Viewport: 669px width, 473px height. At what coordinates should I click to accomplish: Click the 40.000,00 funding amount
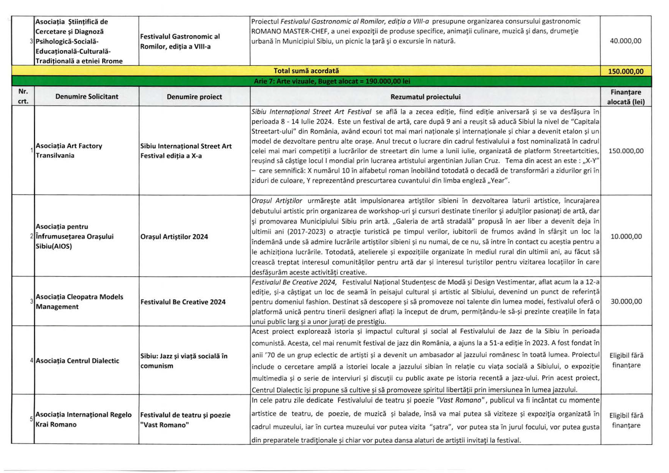[626, 41]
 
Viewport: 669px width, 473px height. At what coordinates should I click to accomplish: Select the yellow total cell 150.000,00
[626, 71]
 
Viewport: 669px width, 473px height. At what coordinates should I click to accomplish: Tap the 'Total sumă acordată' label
[306, 71]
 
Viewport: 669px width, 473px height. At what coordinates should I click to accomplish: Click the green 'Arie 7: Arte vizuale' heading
[331, 81]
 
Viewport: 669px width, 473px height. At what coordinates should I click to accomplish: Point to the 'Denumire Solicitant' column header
[87, 97]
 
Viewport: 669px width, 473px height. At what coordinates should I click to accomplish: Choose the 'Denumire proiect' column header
[194, 97]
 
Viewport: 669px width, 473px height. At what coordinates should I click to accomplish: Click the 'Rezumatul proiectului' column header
[425, 97]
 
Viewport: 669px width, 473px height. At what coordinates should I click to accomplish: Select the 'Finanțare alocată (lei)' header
[626, 97]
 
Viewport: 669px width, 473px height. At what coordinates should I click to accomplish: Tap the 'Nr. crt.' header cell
[23, 96]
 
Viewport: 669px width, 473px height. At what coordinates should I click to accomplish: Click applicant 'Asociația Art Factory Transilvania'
[69, 150]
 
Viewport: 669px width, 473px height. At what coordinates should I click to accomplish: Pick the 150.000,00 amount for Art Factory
[626, 151]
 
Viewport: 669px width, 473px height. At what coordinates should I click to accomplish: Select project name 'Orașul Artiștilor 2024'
[174, 237]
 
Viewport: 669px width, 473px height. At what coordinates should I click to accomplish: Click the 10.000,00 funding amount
[626, 236]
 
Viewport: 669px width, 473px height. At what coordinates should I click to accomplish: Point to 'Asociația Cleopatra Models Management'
[79, 302]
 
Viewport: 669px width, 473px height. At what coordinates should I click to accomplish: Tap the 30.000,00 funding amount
[626, 301]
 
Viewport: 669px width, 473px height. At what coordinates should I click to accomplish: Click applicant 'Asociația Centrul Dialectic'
[77, 361]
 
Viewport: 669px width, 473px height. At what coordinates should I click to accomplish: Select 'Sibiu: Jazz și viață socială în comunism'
[184, 361]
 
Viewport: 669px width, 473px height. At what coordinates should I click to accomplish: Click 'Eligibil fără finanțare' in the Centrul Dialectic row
[626, 360]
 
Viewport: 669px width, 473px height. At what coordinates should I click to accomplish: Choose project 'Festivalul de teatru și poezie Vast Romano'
[185, 420]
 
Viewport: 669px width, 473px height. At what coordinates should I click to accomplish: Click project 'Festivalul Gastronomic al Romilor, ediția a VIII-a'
[180, 41]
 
